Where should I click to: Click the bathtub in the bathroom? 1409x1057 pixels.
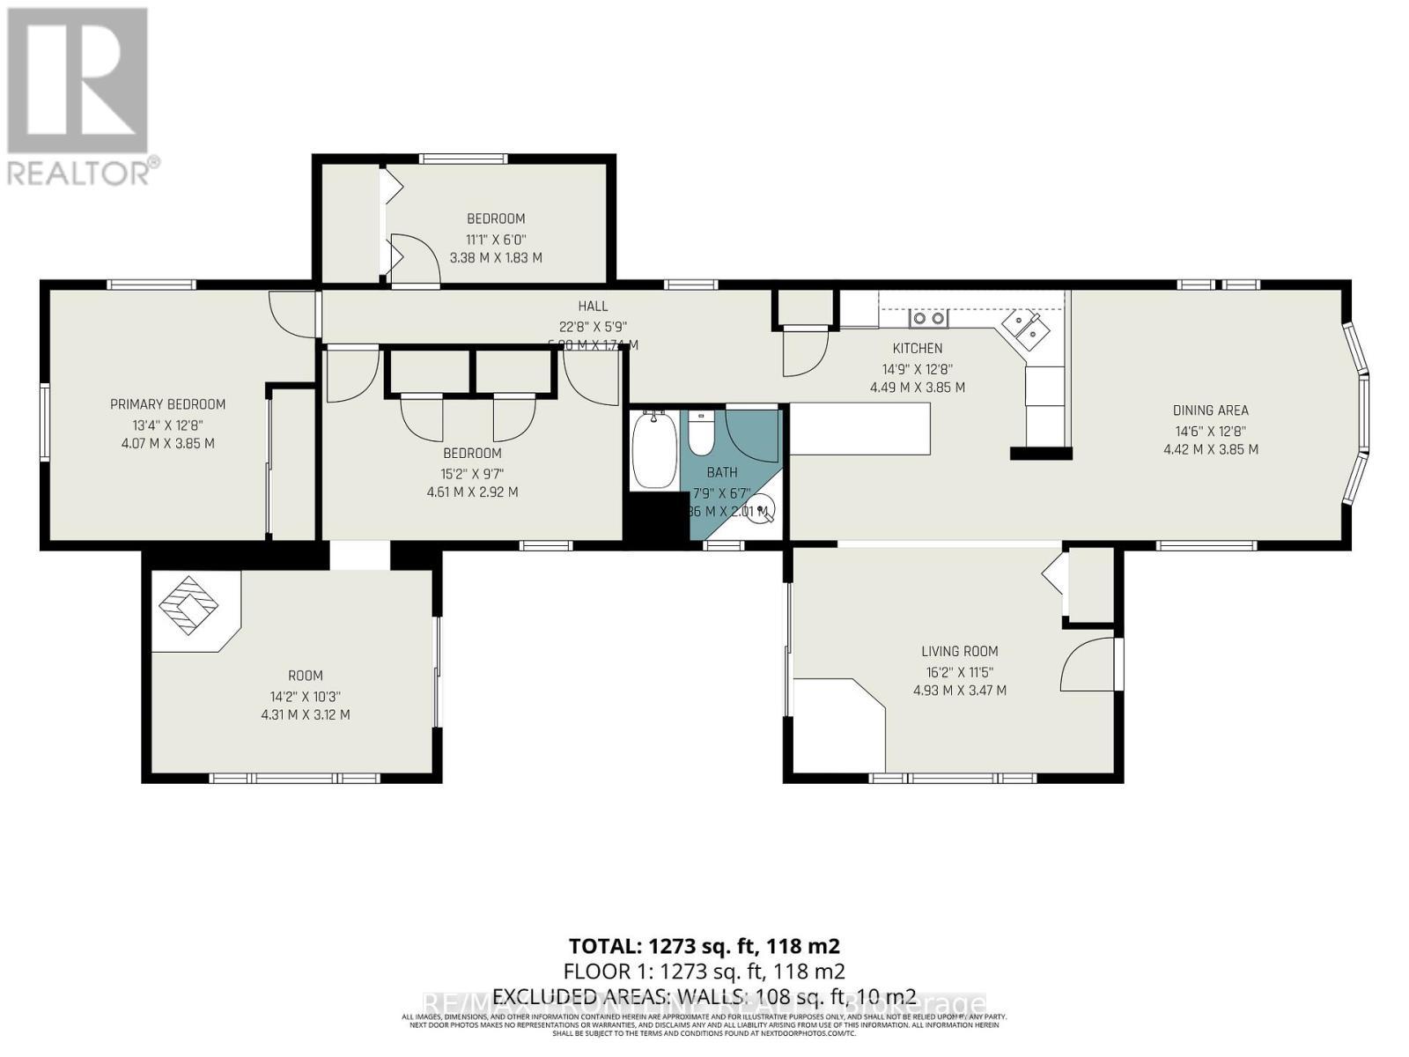tap(653, 450)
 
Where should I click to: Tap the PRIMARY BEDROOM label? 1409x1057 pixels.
tap(167, 404)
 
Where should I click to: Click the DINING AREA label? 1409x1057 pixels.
tap(1210, 410)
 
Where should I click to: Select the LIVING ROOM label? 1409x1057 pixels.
tap(959, 652)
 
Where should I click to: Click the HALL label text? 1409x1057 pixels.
tap(593, 306)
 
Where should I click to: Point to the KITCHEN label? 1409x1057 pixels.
tap(917, 348)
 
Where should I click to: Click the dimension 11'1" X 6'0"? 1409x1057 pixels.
tap(496, 239)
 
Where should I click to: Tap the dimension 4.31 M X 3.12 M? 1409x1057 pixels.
tap(305, 714)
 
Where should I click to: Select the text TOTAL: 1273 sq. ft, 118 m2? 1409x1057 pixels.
tap(704, 946)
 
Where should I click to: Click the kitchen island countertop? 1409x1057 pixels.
tap(859, 428)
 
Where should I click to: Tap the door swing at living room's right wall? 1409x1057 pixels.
tap(1089, 664)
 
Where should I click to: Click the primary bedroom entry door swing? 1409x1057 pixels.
tap(288, 313)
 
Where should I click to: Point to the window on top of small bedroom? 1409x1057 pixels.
tap(463, 159)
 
